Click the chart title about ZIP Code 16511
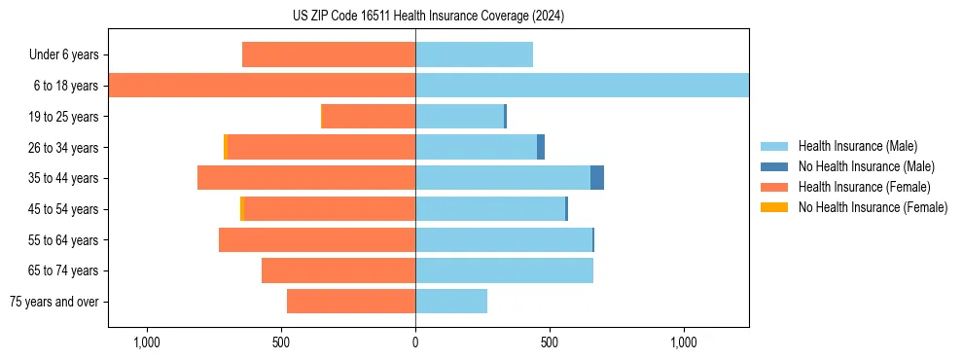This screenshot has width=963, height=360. pos(428,17)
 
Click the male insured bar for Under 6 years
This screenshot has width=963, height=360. pos(474,54)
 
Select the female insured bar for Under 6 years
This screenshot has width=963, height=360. pos(329,54)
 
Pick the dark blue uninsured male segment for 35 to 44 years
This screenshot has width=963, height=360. pos(597,178)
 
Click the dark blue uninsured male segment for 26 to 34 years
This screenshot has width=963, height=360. pos(541,147)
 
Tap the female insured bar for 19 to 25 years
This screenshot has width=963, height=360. pos(378,117)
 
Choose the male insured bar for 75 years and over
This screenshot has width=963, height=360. pos(451,302)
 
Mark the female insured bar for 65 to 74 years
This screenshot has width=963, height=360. pos(339,270)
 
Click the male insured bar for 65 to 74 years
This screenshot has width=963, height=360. pos(504,270)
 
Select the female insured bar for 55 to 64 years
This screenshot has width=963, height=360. pos(317,239)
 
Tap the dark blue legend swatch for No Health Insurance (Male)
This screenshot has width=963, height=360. pos(774,166)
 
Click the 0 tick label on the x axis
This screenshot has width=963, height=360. pos(415,342)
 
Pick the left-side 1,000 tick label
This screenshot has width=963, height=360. pos(147,342)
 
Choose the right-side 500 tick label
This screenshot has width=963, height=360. pos(550,342)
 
